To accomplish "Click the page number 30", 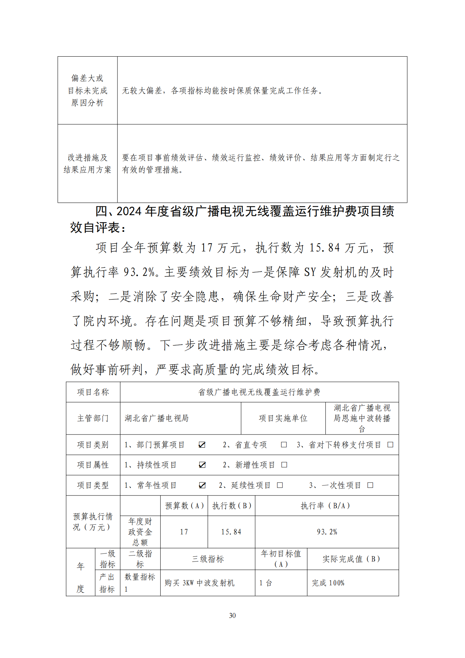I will [x=232, y=615].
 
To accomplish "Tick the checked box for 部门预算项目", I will [x=202, y=445].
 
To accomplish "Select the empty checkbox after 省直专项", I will [x=284, y=445].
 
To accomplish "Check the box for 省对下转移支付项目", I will [x=390, y=445].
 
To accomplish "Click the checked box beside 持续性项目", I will [x=202, y=465].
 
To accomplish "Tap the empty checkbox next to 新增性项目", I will [x=284, y=465].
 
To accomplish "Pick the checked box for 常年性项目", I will [x=202, y=485].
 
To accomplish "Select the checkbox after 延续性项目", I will [x=280, y=485].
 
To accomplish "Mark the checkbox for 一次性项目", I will [x=370, y=485].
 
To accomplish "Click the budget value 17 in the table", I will [x=184, y=532].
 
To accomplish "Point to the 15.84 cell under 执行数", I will [x=231, y=532].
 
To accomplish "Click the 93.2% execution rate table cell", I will [x=327, y=532].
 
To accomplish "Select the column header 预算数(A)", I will [x=184, y=506].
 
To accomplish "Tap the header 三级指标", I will [x=208, y=559].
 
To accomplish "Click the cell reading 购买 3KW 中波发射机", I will [x=200, y=583].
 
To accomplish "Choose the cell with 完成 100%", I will [x=328, y=583].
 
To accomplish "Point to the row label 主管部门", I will [x=93, y=418].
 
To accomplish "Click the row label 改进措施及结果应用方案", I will [x=87, y=163].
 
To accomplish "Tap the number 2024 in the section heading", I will [x=129, y=211].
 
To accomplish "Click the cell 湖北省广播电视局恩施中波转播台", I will [x=362, y=418].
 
